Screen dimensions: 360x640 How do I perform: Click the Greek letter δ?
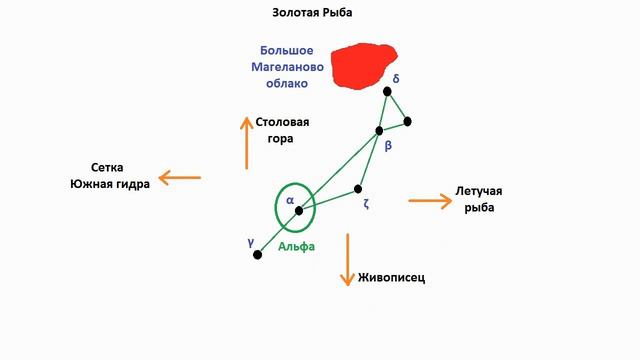(x=397, y=77)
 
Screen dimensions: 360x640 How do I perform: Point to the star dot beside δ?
(x=388, y=92)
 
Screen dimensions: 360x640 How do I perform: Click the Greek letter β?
(x=388, y=146)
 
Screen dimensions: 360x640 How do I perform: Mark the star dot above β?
(x=379, y=130)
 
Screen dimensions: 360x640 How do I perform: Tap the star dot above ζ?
(x=358, y=188)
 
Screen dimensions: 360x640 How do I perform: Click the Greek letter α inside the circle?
(x=289, y=200)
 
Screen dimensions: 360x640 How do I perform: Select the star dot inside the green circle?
(x=298, y=210)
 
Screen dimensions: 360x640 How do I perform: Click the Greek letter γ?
(x=249, y=242)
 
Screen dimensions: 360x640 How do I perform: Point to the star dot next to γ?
(x=258, y=255)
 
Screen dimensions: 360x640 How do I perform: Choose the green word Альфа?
(x=297, y=245)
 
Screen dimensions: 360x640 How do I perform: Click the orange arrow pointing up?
(x=246, y=141)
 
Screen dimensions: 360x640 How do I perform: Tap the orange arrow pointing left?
(x=179, y=178)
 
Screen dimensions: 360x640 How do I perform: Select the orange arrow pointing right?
(x=431, y=201)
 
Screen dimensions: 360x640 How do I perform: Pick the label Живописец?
(x=391, y=278)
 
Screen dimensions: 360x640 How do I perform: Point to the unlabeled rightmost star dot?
(x=408, y=122)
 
